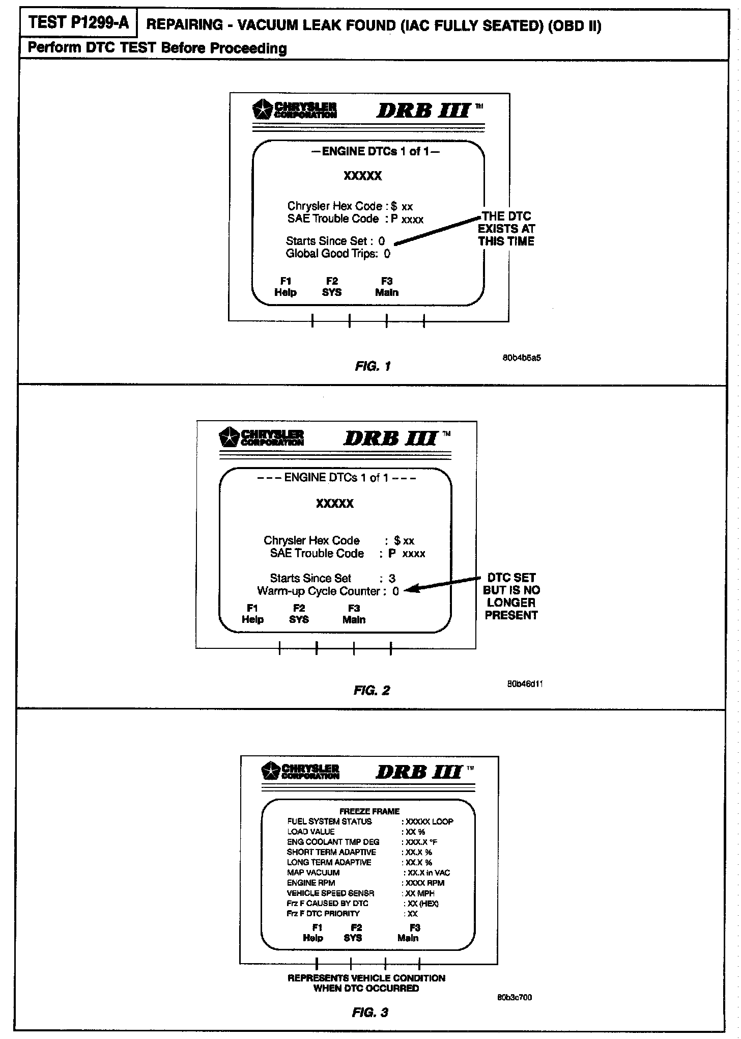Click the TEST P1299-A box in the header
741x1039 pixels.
(x=78, y=23)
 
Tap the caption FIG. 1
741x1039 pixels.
(x=373, y=366)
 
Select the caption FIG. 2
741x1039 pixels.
(x=372, y=691)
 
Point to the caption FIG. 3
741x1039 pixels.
(x=370, y=1013)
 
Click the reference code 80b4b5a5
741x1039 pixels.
(x=522, y=358)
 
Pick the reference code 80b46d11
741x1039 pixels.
(x=525, y=684)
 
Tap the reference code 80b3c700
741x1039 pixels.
(x=515, y=997)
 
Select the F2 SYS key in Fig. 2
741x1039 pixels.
(x=299, y=614)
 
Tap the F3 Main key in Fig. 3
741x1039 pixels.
(x=408, y=933)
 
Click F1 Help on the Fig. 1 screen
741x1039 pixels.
(x=286, y=287)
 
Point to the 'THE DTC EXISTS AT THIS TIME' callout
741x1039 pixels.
(x=506, y=229)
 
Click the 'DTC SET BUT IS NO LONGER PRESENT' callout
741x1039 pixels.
(x=511, y=596)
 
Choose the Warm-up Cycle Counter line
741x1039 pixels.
(x=328, y=591)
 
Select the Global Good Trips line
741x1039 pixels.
(x=338, y=254)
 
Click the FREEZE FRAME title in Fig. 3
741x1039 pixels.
(x=369, y=811)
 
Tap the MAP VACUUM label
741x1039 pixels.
(x=313, y=872)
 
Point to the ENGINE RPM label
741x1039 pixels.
(x=311, y=883)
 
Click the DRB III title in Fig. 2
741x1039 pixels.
(x=390, y=439)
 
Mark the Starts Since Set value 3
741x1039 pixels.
(x=392, y=579)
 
